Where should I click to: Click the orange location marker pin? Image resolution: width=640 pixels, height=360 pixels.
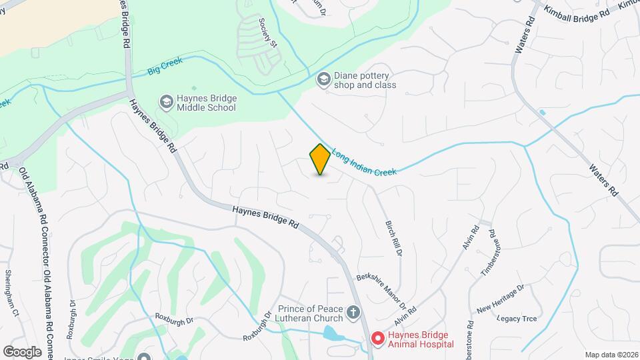click(320, 159)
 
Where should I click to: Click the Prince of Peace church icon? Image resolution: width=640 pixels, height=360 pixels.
click(354, 313)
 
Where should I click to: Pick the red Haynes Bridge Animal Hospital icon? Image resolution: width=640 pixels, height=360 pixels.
click(377, 339)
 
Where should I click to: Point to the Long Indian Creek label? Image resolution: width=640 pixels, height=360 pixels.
click(364, 162)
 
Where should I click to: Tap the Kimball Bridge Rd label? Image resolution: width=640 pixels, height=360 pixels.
click(577, 14)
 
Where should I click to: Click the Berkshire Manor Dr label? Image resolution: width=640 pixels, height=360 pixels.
click(382, 291)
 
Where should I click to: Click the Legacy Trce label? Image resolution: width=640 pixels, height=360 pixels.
click(517, 319)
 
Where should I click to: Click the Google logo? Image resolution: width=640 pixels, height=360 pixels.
click(22, 352)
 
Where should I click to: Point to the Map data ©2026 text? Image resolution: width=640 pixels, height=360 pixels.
click(611, 354)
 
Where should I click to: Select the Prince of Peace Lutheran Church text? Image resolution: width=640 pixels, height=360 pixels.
click(311, 313)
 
